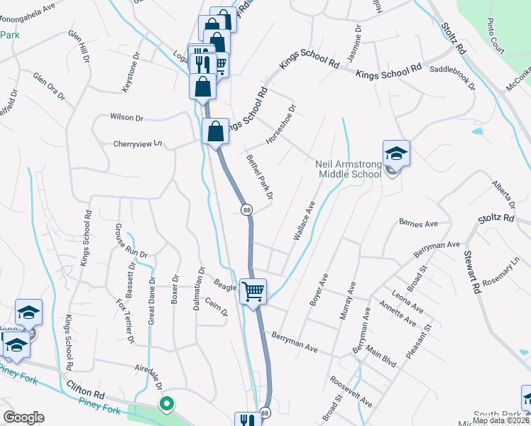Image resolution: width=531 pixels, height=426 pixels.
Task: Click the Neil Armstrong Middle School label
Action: pyautogui.click(x=348, y=169)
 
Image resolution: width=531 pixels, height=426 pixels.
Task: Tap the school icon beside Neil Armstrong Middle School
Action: pyautogui.click(x=395, y=153)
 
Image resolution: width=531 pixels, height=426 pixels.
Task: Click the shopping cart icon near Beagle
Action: pyautogui.click(x=253, y=290)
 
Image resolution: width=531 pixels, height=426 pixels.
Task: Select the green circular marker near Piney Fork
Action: pyautogui.click(x=167, y=406)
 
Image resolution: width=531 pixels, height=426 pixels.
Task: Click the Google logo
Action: pyautogui.click(x=23, y=417)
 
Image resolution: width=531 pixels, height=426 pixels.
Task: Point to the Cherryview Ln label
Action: pyautogui.click(x=138, y=143)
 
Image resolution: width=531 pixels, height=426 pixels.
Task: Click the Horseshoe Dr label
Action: pyautogui.click(x=280, y=125)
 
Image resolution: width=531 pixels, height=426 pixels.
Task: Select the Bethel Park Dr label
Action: pyautogui.click(x=260, y=176)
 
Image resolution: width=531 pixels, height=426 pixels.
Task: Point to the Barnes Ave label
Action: pyautogui.click(x=418, y=224)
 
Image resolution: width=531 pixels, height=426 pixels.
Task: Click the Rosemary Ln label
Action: pyautogui.click(x=501, y=273)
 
